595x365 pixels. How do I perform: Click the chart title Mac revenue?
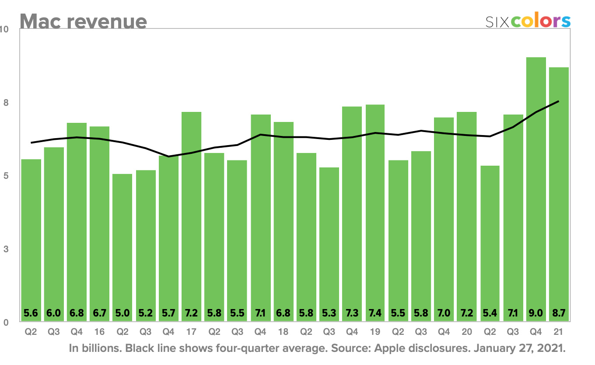click(83, 21)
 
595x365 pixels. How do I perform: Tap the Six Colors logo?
click(528, 21)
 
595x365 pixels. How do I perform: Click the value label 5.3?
click(329, 313)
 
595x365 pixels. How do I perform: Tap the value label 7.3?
click(352, 313)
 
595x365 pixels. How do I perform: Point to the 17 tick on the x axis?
click(191, 332)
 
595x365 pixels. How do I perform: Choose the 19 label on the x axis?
click(375, 332)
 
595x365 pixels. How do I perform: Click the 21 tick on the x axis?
click(559, 332)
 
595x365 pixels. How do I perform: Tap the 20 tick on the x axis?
click(467, 332)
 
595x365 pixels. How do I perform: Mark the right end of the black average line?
click(559, 101)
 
